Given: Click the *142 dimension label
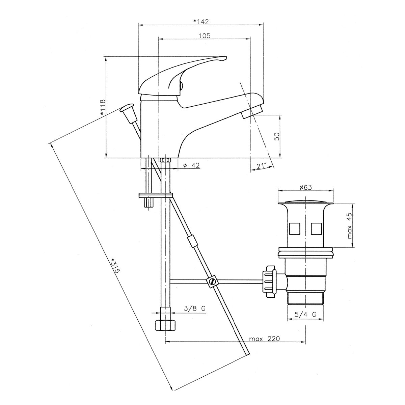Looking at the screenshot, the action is point(201,22).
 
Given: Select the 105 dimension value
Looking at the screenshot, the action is point(204,36).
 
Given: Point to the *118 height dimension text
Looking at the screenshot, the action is point(102,107).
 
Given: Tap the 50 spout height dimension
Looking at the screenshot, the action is point(277,136).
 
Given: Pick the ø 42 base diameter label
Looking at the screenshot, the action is point(191,165).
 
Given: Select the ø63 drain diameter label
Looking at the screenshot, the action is point(305,187).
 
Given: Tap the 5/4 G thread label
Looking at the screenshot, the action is point(305,320).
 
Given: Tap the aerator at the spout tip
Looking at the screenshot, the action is point(252,112).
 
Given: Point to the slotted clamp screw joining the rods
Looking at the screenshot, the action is point(212,281).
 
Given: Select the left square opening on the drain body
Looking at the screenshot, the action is point(294,229).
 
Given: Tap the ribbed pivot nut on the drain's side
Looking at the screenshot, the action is point(269,281).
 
